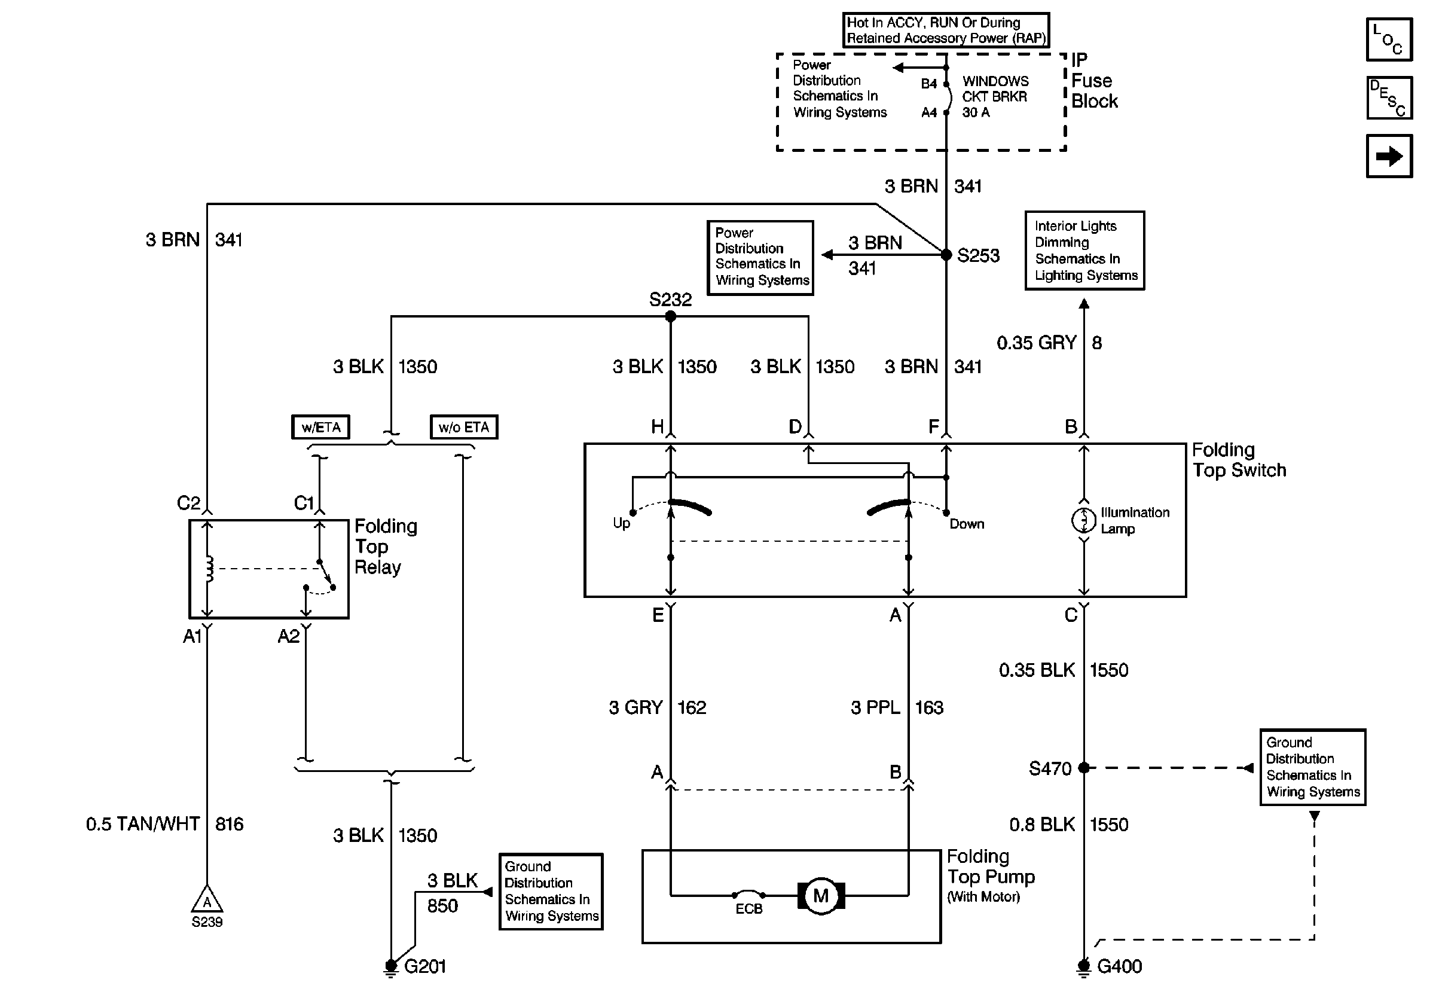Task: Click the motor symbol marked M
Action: [821, 896]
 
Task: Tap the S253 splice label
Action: [978, 255]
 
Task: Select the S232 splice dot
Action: [670, 316]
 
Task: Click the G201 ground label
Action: [424, 966]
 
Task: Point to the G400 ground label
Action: [1120, 966]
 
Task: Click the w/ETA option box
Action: [321, 427]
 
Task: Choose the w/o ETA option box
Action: [464, 427]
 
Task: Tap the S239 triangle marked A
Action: [207, 900]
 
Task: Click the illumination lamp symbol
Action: [1084, 520]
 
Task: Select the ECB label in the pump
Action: [748, 909]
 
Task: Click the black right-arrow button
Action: [1389, 155]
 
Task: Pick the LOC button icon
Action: [1389, 39]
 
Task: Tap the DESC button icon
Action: [1389, 97]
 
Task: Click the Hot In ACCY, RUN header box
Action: [946, 30]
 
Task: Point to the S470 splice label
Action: [1050, 768]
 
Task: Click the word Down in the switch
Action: [967, 524]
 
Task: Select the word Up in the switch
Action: [621, 523]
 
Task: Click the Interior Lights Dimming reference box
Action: [1084, 250]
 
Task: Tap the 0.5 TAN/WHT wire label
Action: [143, 824]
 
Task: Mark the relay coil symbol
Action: [209, 569]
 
